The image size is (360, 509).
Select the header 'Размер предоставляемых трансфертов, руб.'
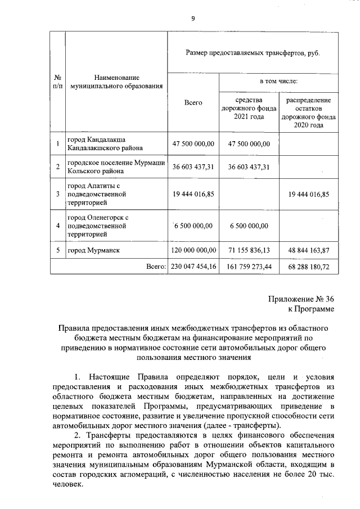(x=253, y=52)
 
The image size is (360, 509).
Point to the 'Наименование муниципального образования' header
(x=116, y=82)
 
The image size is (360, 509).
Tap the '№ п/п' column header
(x=58, y=82)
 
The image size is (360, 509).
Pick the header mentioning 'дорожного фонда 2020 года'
(x=308, y=112)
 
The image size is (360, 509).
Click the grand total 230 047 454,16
(x=193, y=265)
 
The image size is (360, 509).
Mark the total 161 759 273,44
(x=249, y=265)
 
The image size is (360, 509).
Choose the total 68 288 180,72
(x=308, y=265)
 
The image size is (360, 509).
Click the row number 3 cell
(x=58, y=194)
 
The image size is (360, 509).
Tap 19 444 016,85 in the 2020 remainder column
(x=308, y=194)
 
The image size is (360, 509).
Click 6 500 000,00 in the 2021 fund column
(x=249, y=226)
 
